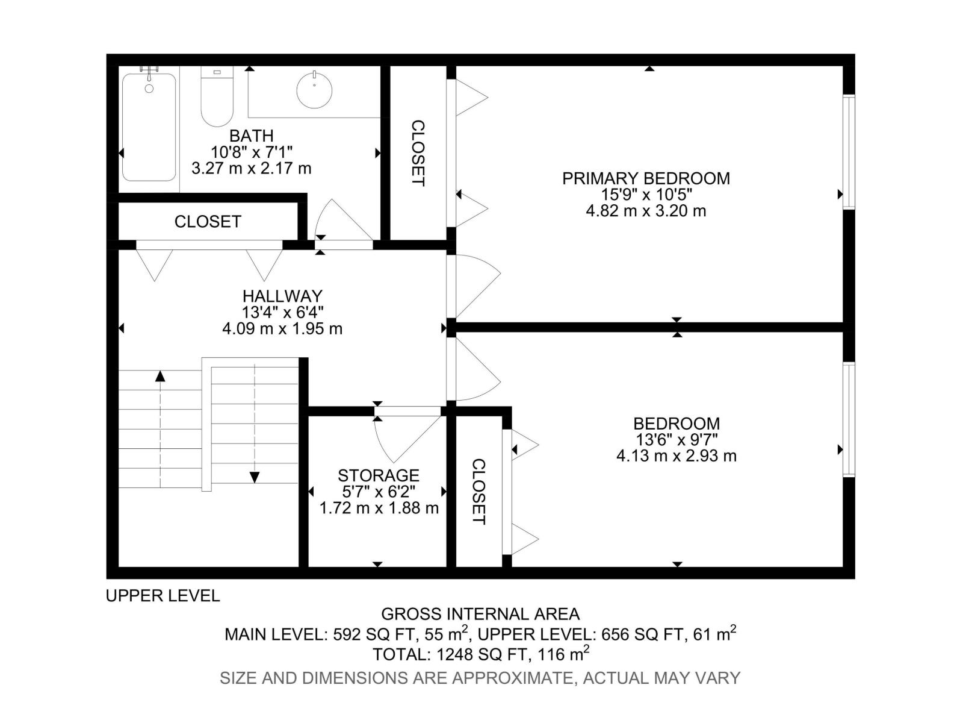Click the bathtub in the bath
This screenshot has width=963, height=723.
pyautogui.click(x=149, y=127)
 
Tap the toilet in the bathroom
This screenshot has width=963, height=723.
pyautogui.click(x=217, y=96)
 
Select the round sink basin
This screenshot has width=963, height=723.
pyautogui.click(x=314, y=90)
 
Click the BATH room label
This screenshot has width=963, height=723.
pyautogui.click(x=252, y=135)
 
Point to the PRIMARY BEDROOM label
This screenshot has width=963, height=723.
pyautogui.click(x=646, y=179)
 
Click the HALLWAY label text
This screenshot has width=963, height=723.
pyautogui.click(x=282, y=295)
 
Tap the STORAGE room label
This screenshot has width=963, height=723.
pyautogui.click(x=378, y=475)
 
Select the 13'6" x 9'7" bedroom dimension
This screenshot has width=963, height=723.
pyautogui.click(x=677, y=440)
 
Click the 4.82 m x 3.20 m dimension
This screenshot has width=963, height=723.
pyautogui.click(x=646, y=211)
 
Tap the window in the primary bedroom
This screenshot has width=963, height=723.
pyautogui.click(x=849, y=151)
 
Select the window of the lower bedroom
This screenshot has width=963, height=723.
pyautogui.click(x=849, y=420)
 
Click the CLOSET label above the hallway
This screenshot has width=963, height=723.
pyautogui.click(x=208, y=222)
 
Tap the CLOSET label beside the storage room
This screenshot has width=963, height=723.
pyautogui.click(x=478, y=492)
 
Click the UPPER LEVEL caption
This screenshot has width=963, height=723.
pyautogui.click(x=163, y=596)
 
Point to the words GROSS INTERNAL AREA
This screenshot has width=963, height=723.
pyautogui.click(x=480, y=614)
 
